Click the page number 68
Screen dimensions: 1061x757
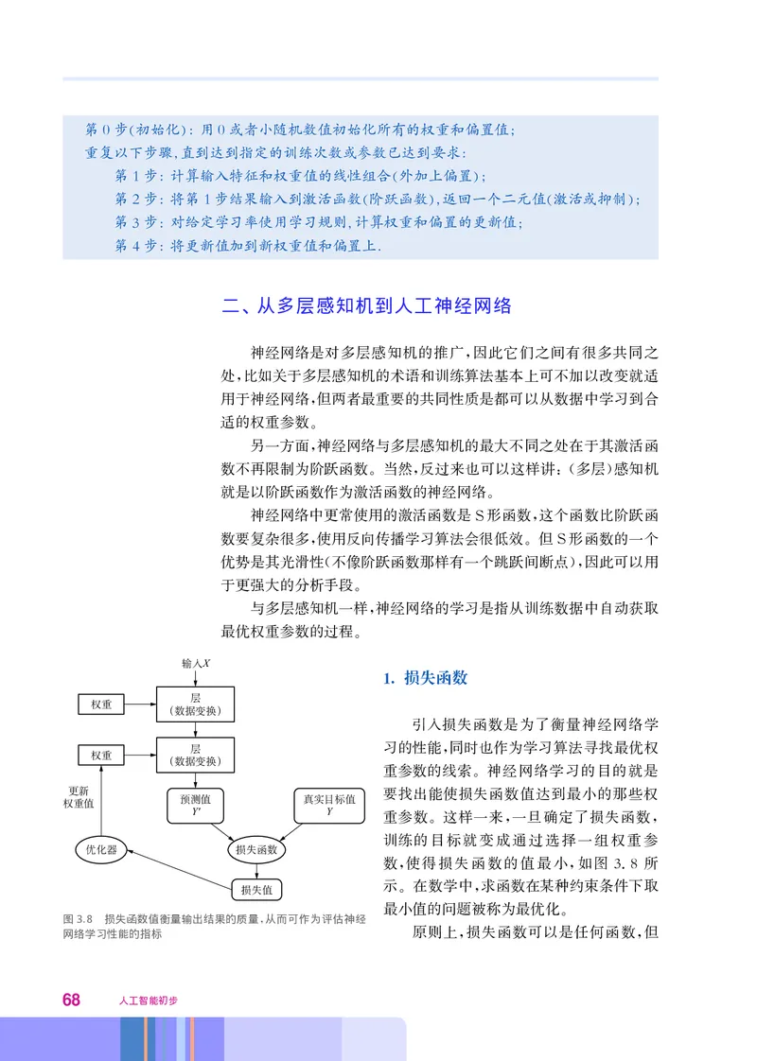(x=71, y=1000)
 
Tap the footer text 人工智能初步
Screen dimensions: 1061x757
(x=149, y=1000)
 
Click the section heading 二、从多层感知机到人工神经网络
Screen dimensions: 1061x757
(x=366, y=305)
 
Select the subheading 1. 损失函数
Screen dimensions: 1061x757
(x=425, y=678)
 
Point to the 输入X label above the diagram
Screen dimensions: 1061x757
(x=196, y=664)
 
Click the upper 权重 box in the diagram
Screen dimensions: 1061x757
(x=101, y=704)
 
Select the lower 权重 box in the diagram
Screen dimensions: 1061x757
(x=101, y=756)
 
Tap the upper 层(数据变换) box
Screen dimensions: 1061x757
(x=195, y=704)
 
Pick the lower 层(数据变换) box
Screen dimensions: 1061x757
(x=195, y=755)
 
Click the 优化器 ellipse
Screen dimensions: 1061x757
(x=100, y=850)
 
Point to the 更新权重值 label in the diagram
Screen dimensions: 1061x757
(x=79, y=797)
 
